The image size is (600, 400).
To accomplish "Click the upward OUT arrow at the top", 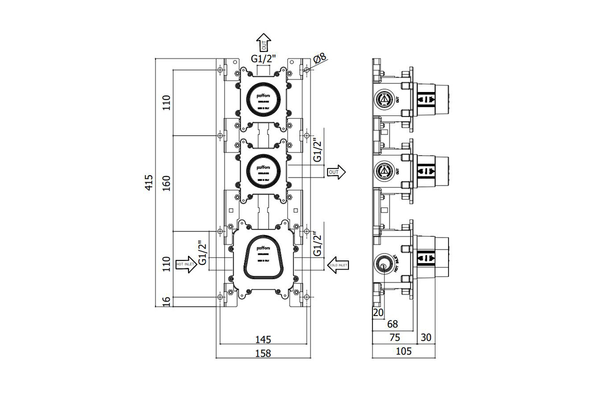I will tap(263, 40).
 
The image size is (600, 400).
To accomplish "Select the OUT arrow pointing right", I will tap(336, 171).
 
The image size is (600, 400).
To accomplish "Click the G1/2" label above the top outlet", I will tap(263, 58).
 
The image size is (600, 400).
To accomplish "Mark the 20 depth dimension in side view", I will tap(377, 312).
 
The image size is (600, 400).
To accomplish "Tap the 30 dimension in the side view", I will tap(425, 337).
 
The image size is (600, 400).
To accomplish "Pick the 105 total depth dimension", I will tap(403, 351).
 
